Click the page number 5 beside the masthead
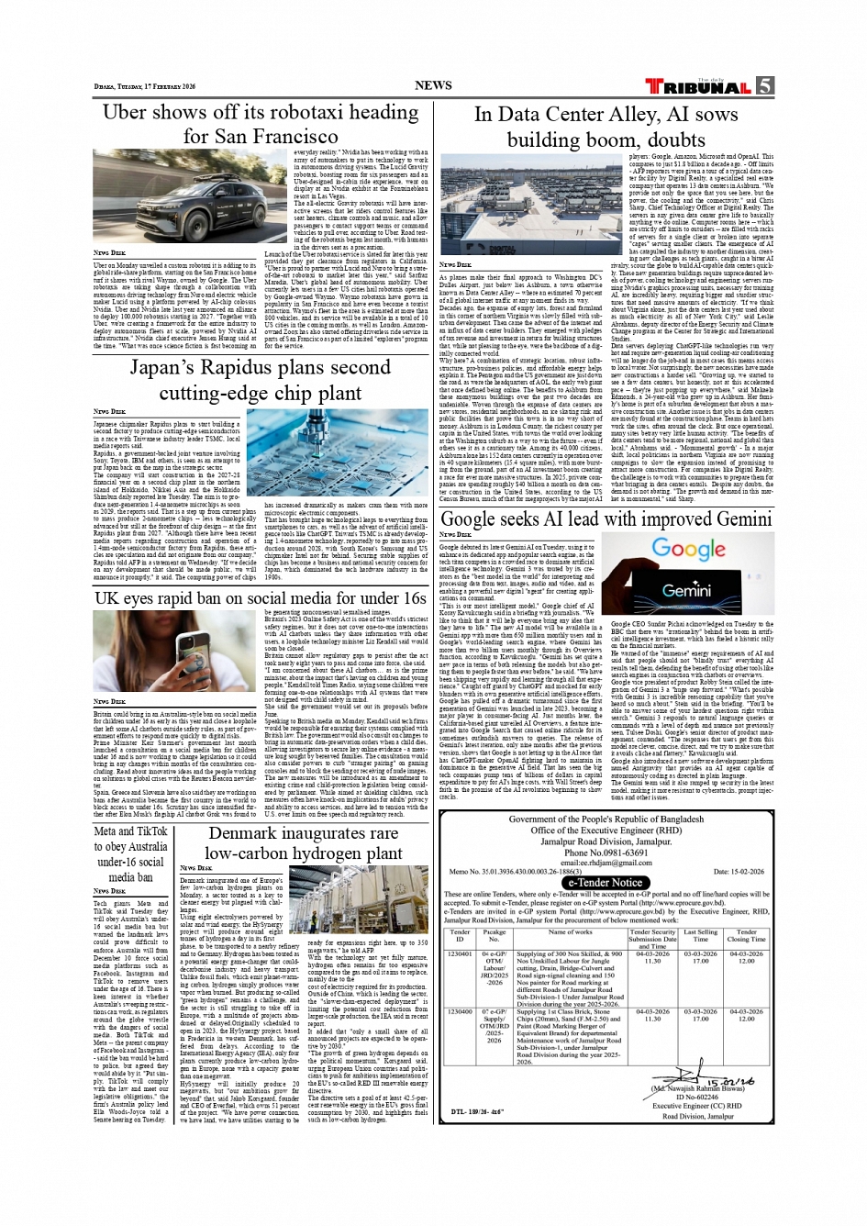pos(764,86)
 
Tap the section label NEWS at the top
pos(433,85)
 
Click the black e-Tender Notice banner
pos(606,883)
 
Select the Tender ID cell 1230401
pos(460,954)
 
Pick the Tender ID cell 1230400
pos(460,1012)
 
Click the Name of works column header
pos(570,932)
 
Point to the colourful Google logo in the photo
pos(688,550)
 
